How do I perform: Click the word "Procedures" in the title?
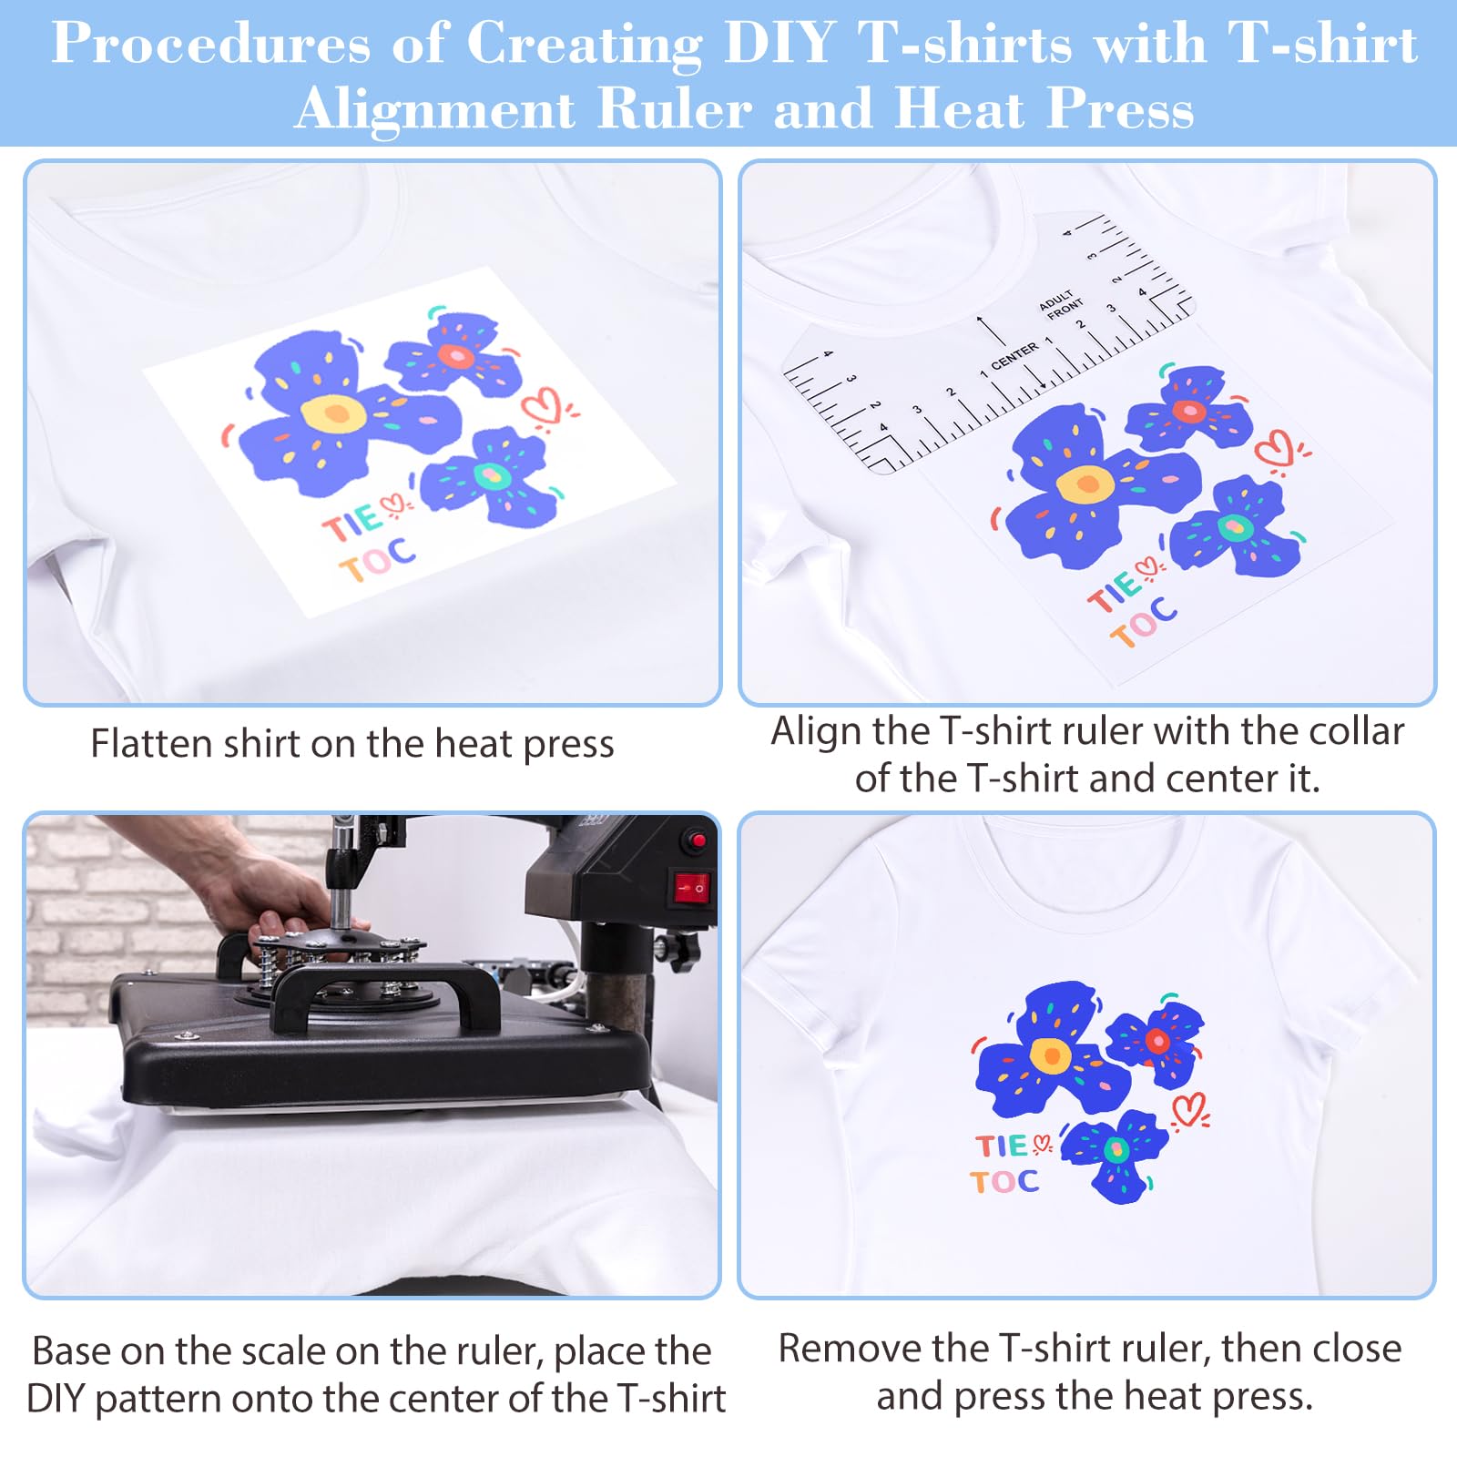(x=210, y=43)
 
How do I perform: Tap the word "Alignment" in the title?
(x=434, y=109)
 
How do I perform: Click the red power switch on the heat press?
(x=690, y=885)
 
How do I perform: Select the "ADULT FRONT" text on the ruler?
(x=1061, y=305)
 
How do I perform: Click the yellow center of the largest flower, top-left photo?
(x=334, y=414)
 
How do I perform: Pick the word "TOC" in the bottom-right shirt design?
(x=1004, y=1182)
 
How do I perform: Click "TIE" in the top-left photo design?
(x=352, y=522)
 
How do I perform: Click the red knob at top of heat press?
(x=698, y=840)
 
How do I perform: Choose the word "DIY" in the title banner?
(x=779, y=43)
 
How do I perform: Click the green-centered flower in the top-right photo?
(x=1235, y=528)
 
